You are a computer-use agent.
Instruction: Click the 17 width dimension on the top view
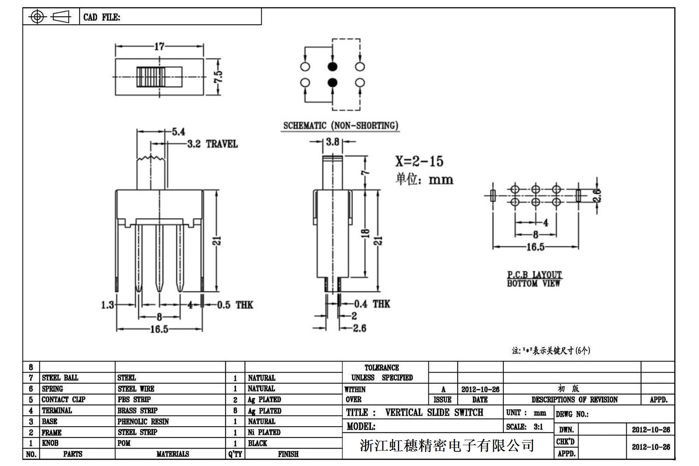pos(159,47)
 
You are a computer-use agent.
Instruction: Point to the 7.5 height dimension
pos(218,76)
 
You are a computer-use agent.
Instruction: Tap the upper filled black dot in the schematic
pos(332,67)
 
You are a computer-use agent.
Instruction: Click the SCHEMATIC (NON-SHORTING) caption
pos(340,125)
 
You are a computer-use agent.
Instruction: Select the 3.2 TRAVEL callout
pos(212,144)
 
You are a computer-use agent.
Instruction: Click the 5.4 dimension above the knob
pos(178,132)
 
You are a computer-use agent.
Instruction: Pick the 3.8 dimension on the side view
pos(332,142)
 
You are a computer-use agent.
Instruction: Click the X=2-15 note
pos(419,161)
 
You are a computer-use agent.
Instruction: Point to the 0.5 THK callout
pos(235,305)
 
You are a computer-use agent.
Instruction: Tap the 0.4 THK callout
pos(372,304)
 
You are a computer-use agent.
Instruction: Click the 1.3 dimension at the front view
pos(108,305)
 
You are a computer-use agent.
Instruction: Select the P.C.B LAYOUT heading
pos(535,275)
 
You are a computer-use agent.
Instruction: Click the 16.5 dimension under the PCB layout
pos(535,247)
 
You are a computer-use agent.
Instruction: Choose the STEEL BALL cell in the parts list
pos(60,378)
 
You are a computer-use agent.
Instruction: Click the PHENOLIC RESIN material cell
pos(143,422)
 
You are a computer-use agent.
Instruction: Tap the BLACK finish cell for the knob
pos(257,443)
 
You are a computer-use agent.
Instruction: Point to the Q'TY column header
pos(235,454)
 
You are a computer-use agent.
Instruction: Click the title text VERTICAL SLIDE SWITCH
pos(434,412)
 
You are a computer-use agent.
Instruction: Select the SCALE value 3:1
pos(538,427)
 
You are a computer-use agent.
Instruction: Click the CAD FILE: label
pos(102,17)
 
